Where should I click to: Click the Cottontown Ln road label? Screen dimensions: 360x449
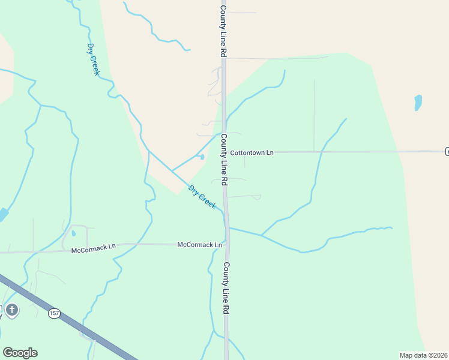coord(252,152)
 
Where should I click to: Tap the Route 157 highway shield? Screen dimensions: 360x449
coord(55,313)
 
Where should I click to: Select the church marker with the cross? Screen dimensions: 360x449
coord(13,310)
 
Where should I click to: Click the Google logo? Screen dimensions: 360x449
coord(20,352)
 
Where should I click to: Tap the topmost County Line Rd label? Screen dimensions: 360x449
coord(223,29)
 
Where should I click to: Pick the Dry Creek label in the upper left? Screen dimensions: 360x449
coord(93,59)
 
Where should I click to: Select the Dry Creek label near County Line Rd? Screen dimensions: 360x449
coord(202,197)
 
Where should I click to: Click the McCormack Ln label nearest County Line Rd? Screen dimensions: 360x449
coord(199,245)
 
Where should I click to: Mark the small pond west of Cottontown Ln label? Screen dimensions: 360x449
coord(202,157)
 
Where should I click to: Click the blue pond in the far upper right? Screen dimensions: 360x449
coord(418,103)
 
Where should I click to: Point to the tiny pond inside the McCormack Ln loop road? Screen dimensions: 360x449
coord(73,233)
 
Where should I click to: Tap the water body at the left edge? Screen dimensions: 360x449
coord(3,214)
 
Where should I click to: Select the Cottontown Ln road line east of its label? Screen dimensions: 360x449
coord(360,152)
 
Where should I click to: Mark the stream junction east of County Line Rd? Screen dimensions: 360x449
coord(262,235)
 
